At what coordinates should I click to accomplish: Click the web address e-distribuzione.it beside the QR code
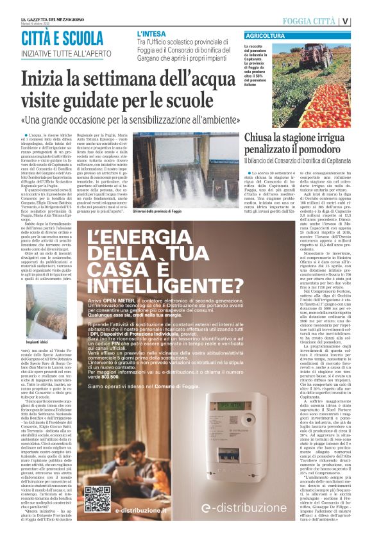click(141, 510)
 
